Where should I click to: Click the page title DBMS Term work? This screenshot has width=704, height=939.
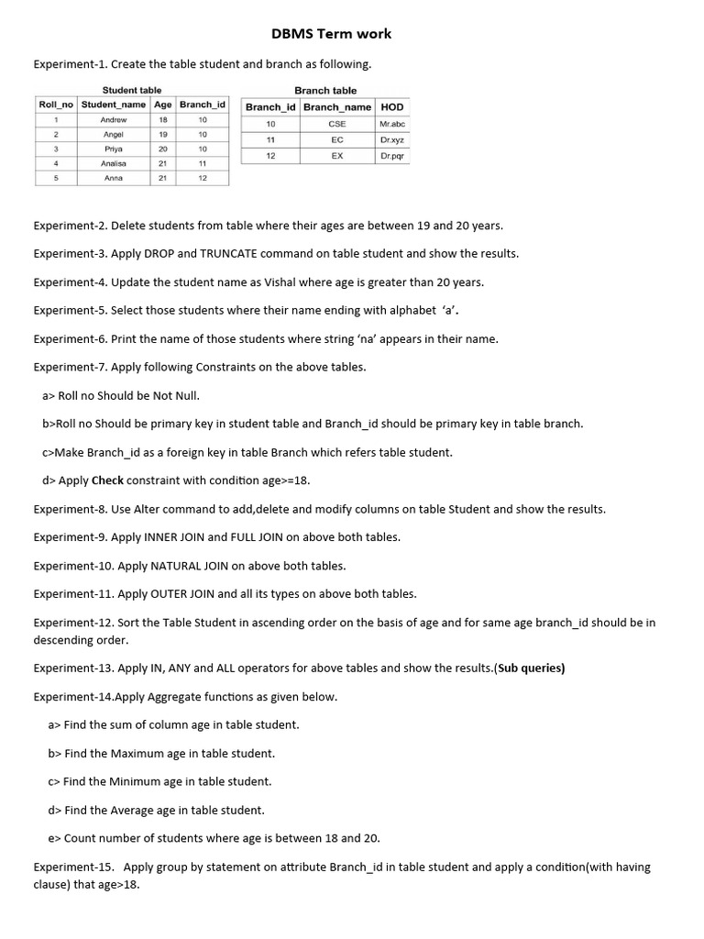point(331,34)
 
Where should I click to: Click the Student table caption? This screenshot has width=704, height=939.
point(132,90)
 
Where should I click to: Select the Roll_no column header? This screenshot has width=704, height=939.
point(57,105)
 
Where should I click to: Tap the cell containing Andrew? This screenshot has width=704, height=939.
point(114,119)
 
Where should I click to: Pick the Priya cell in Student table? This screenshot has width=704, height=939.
point(114,149)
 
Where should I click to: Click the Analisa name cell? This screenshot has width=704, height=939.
point(114,163)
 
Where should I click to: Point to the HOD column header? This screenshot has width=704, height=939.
point(391,107)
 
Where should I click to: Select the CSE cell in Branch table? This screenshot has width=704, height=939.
point(336,123)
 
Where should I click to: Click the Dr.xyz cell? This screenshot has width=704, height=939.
point(391,139)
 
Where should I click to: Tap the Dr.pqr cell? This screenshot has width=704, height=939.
point(391,156)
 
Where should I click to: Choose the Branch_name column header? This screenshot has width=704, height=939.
point(336,107)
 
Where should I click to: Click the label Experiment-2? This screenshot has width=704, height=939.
point(70,226)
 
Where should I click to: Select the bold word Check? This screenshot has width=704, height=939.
point(107,481)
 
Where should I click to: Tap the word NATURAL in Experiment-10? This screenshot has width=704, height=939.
point(148,566)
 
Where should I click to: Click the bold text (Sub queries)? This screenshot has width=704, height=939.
point(530,668)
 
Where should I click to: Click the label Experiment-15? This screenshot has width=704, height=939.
point(72,867)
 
